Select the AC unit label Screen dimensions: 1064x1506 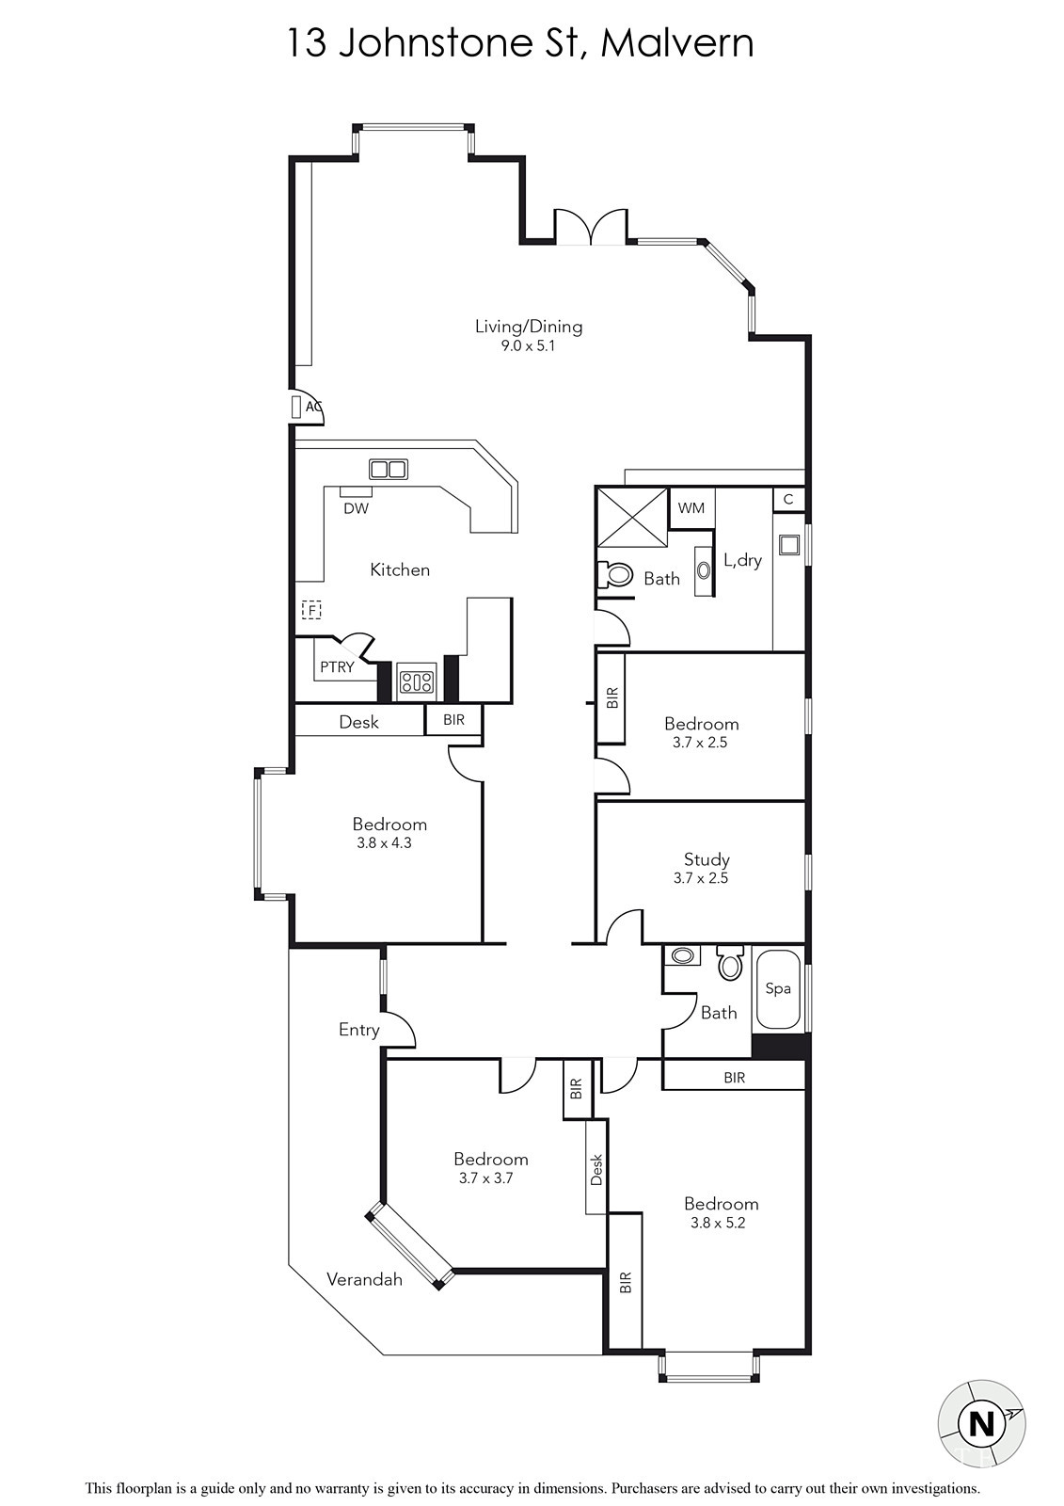313,407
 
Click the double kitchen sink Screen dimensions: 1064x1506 388,469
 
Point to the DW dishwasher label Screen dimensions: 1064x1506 356,509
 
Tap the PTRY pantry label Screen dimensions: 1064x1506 337,667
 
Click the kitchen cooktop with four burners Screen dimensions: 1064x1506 417,682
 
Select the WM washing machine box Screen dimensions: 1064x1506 691,508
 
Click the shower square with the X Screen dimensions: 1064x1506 632,517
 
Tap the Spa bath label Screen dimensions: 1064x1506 778,989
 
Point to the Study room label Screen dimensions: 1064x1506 707,860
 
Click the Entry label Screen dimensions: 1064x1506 359,1030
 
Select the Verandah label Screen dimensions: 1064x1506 364,1279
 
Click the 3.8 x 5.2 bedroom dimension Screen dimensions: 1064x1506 718,1223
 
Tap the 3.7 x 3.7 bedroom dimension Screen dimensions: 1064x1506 486,1178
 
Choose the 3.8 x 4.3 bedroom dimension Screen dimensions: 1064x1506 385,843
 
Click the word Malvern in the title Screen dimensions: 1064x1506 676,44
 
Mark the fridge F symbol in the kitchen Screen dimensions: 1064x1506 312,610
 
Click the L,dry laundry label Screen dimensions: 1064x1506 742,560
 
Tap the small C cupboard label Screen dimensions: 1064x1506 788,500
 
